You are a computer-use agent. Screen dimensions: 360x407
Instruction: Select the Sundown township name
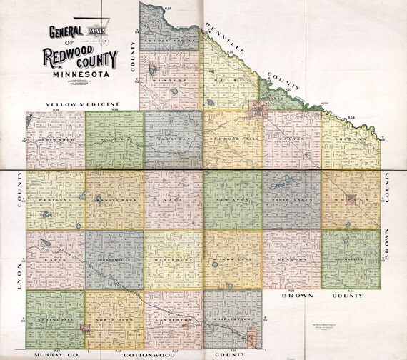pos(291,259)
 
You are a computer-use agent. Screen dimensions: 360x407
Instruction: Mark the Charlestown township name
pos(232,319)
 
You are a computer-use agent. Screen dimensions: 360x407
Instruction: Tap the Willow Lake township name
pos(232,259)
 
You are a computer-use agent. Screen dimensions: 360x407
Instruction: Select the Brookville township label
pos(350,259)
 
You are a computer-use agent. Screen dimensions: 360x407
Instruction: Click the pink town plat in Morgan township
pos(351,199)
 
